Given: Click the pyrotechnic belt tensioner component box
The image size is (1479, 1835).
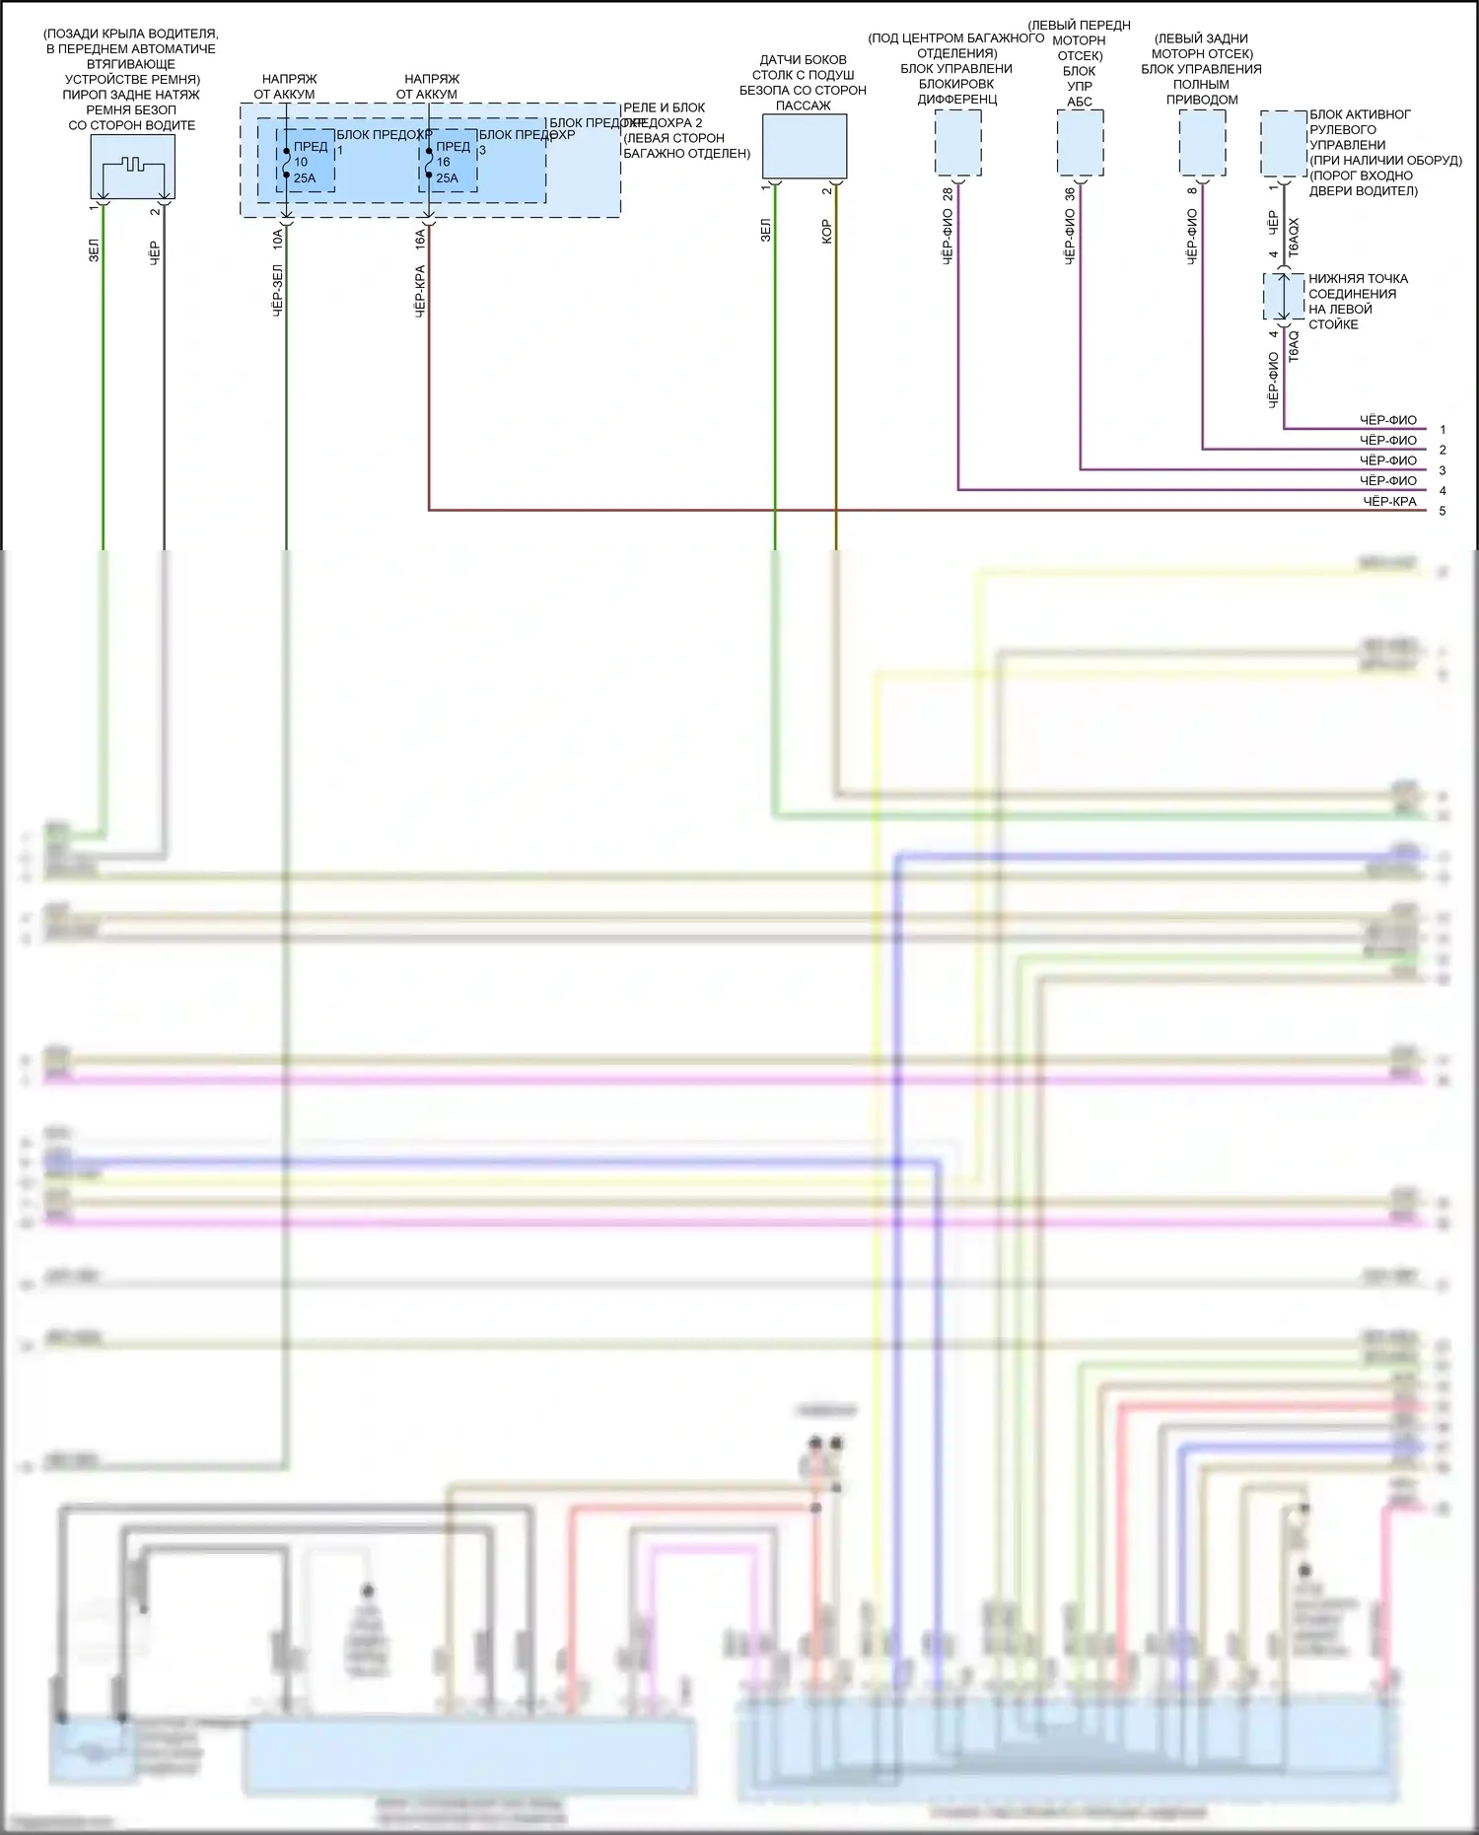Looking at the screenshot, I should click(132, 166).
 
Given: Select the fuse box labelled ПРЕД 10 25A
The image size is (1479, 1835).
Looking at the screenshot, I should click(305, 161).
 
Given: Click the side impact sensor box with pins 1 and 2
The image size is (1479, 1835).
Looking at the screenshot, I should click(804, 146).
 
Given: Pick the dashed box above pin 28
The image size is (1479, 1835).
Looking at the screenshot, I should click(957, 143).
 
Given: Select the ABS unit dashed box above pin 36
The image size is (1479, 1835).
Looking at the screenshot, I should click(1080, 143).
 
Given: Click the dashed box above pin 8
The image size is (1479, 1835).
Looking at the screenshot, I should click(1202, 143).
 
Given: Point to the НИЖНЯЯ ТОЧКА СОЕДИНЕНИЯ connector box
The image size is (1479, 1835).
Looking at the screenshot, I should click(1283, 297).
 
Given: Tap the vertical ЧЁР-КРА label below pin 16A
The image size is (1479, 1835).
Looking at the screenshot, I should click(420, 290).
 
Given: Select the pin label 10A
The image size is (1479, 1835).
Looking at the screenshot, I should click(278, 237).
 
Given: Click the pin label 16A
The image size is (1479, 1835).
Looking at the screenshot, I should click(420, 237).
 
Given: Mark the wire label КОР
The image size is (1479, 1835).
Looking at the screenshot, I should click(827, 232).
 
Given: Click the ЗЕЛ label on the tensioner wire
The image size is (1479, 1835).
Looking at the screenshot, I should click(95, 250).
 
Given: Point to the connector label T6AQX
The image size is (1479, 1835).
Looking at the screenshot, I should click(1294, 239).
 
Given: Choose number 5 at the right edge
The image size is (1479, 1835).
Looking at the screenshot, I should click(1443, 511).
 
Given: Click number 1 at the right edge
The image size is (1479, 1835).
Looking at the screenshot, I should click(1443, 430).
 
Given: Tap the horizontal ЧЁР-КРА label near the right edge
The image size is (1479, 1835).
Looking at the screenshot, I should click(1389, 502).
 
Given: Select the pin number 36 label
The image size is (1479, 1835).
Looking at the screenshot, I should click(1071, 195).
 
